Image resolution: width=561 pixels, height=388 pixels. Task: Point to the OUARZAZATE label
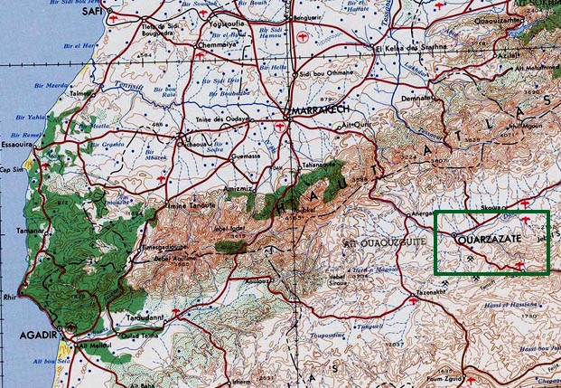pyautogui.click(x=495, y=241)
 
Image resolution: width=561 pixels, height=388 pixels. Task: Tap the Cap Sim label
pyautogui.click(x=10, y=169)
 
